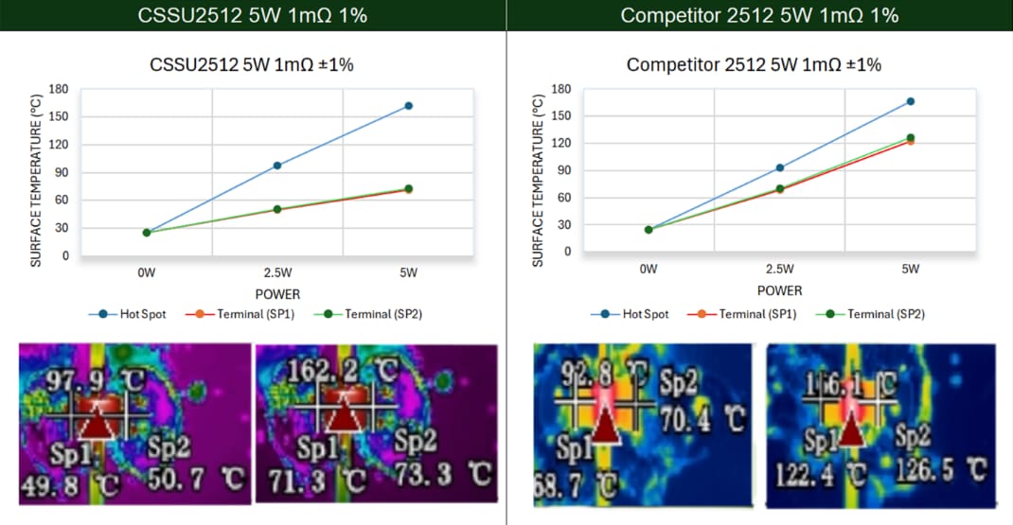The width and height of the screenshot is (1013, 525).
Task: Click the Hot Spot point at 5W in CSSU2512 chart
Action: click(x=408, y=106)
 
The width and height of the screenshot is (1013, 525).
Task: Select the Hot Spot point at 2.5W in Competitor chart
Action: click(x=779, y=168)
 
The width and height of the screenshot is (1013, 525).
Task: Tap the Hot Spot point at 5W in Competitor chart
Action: click(x=910, y=101)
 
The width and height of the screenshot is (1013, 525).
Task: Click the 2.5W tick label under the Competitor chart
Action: click(x=779, y=270)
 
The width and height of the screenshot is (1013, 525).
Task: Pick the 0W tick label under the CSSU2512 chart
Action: click(x=147, y=273)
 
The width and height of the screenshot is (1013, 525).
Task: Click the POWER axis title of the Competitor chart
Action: click(x=779, y=290)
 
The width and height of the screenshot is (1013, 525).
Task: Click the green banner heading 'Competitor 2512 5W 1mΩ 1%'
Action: click(x=759, y=15)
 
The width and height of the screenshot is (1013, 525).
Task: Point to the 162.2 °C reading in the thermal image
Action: click(x=326, y=371)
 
